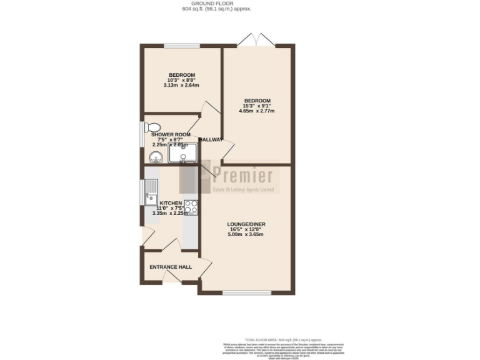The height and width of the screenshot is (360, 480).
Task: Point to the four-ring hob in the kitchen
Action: coord(191,206)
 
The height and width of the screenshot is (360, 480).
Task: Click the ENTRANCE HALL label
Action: coord(170,267)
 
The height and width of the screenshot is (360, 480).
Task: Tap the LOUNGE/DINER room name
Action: coord(246,224)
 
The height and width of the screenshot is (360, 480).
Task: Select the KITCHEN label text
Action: coord(171,203)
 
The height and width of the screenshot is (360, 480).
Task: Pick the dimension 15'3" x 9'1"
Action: coord(257,106)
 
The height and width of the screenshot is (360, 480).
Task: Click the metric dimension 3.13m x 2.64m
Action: coord(181,86)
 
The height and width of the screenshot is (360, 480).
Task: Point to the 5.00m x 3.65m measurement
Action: coord(246,235)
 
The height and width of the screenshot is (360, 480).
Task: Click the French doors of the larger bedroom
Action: coord(257,41)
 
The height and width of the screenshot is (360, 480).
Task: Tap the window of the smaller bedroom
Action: coord(182,46)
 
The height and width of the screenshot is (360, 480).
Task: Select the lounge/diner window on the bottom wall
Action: coord(246,292)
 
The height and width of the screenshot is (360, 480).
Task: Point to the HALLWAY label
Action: coord(210,139)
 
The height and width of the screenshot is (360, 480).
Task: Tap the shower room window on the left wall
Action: coord(141,132)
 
